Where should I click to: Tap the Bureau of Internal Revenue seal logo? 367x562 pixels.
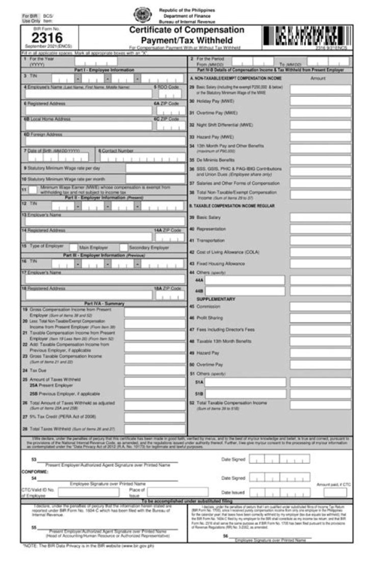click(141, 14)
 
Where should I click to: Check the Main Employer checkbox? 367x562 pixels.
click(73, 248)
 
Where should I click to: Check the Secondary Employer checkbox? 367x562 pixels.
click(123, 248)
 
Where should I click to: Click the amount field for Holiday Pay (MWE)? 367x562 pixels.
click(320, 101)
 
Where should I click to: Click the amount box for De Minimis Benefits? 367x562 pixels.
click(320, 159)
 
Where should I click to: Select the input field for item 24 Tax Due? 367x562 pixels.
click(154, 370)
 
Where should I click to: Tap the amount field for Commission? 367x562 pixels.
click(320, 306)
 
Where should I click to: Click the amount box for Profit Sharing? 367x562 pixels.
click(320, 318)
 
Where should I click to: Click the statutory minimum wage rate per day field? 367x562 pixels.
click(155, 168)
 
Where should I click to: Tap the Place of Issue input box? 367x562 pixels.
click(177, 492)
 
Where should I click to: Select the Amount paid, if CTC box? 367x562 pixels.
click(335, 492)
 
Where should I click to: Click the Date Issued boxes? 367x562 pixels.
click(279, 493)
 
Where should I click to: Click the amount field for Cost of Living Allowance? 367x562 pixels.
click(320, 252)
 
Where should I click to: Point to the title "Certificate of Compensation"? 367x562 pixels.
click(187, 30)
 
